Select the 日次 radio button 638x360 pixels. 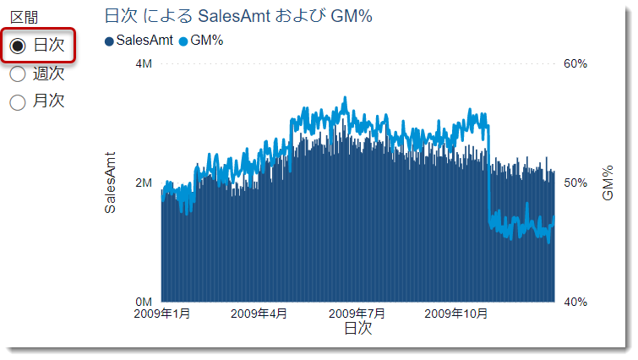click(17, 46)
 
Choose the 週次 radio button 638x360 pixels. click(17, 74)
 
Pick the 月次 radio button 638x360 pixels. click(17, 102)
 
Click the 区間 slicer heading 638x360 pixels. click(24, 18)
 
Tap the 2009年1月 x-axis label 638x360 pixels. click(162, 314)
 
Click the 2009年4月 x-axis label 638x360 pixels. click(259, 314)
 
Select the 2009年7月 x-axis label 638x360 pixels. click(357, 314)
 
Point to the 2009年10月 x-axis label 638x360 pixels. click(456, 314)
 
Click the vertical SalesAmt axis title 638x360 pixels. click(111, 183)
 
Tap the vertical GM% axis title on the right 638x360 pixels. click(607, 183)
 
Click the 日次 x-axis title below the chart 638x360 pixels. click(357, 329)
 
